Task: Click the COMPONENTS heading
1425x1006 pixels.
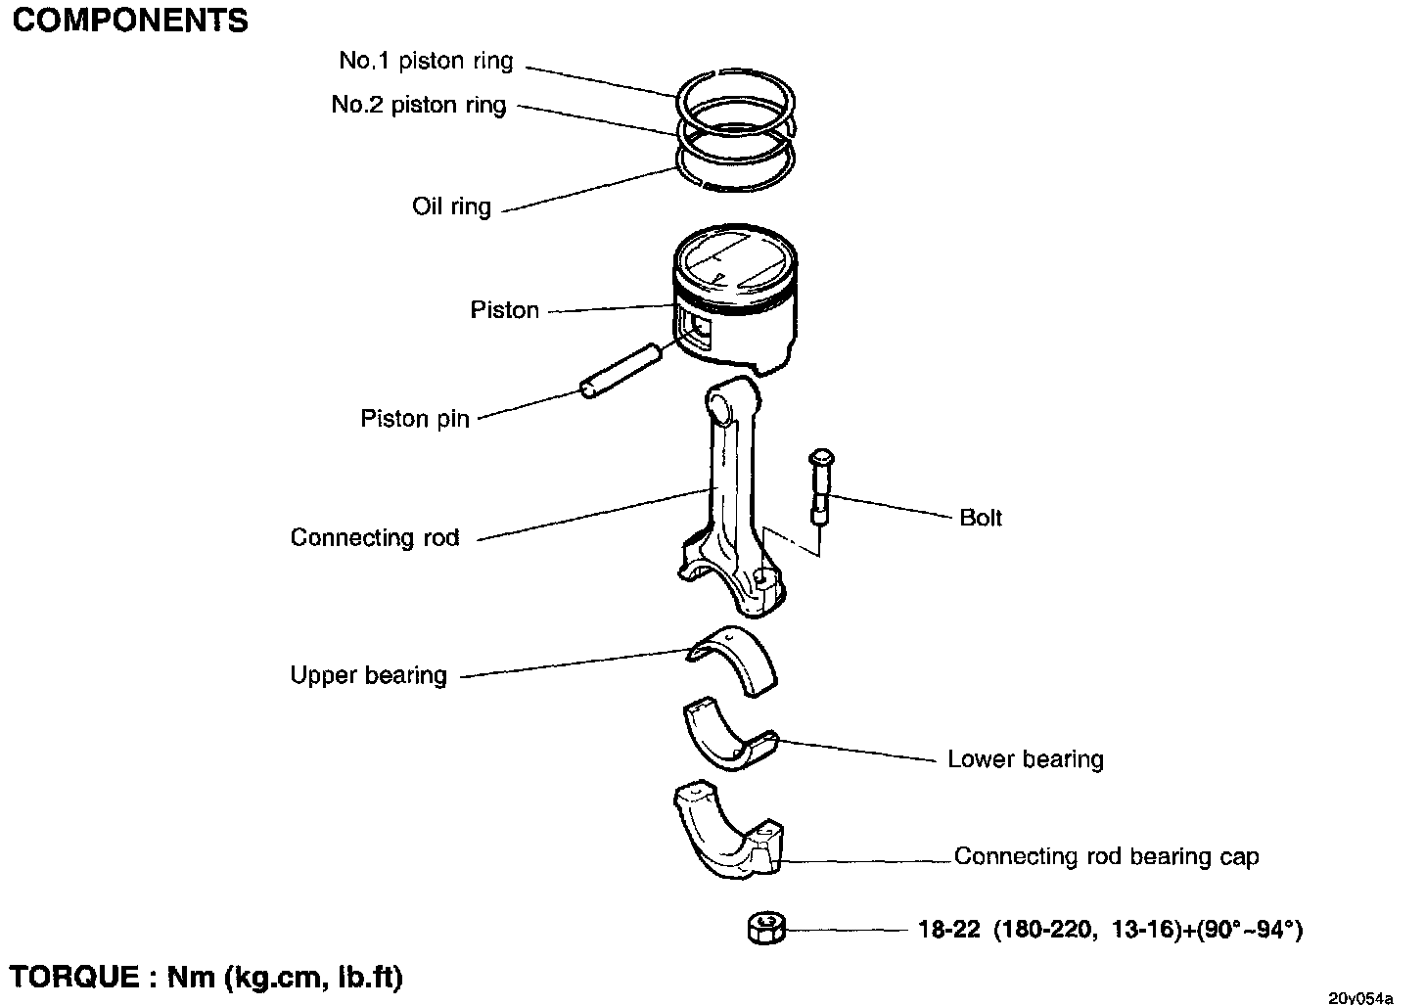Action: (130, 21)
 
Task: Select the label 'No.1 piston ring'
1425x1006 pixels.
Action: (426, 61)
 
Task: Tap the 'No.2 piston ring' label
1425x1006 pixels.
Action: (419, 105)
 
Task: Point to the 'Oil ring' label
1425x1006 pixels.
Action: (452, 206)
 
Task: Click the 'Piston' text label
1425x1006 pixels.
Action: (504, 309)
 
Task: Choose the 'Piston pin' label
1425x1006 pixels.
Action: (415, 419)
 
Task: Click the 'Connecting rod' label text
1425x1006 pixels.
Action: (375, 538)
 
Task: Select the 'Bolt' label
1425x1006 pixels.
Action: (981, 518)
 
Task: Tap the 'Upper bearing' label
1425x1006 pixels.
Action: (368, 675)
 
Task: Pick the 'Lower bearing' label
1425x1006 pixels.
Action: (1026, 759)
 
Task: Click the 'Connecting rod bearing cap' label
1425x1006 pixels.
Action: (1106, 856)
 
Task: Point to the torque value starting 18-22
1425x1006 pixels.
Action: (1111, 930)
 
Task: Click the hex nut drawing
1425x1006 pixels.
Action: (766, 929)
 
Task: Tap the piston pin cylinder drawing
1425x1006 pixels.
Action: (621, 371)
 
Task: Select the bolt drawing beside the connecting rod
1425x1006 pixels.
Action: (820, 487)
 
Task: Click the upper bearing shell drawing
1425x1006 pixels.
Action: (732, 662)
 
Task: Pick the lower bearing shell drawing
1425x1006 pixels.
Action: (731, 735)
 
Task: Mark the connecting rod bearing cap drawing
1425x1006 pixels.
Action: (728, 831)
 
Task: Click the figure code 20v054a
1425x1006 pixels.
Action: (1360, 997)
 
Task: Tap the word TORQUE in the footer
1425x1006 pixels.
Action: (74, 977)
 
